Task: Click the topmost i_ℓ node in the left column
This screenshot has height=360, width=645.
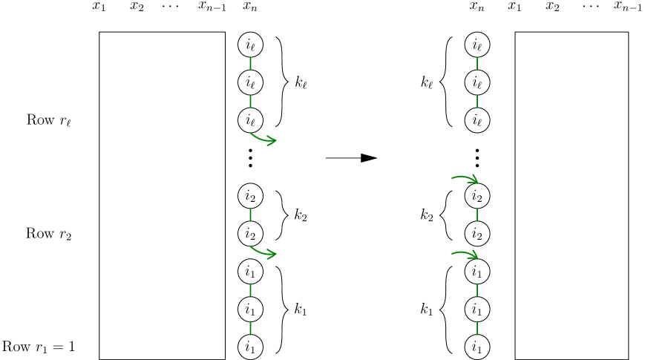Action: (x=250, y=45)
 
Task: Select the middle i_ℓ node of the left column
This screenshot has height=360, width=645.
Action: (x=250, y=82)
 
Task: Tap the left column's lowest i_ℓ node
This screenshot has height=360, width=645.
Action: (x=250, y=120)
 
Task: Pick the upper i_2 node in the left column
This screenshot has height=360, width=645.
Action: (x=250, y=196)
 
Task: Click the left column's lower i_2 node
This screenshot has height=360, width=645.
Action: (x=250, y=234)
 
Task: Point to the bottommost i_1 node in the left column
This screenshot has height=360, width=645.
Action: (x=250, y=347)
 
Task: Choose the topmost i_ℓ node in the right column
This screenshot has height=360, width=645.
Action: (x=477, y=45)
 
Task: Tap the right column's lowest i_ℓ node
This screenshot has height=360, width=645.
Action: (x=477, y=120)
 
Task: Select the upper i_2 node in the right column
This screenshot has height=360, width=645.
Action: (x=477, y=196)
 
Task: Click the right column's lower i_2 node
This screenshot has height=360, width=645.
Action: (x=477, y=234)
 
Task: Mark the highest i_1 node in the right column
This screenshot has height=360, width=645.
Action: (x=477, y=272)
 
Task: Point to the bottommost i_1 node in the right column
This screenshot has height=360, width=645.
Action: (x=477, y=347)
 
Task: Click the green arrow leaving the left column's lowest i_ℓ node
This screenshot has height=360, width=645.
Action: (x=264, y=139)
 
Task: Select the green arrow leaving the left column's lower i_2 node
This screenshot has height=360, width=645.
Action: (x=264, y=253)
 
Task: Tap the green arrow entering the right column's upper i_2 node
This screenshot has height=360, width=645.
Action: (x=465, y=177)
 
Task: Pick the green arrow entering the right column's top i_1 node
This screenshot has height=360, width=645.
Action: (x=465, y=253)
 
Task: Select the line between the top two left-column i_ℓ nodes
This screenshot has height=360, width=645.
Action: (x=250, y=64)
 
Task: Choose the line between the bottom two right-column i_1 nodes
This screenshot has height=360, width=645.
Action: (x=477, y=328)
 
